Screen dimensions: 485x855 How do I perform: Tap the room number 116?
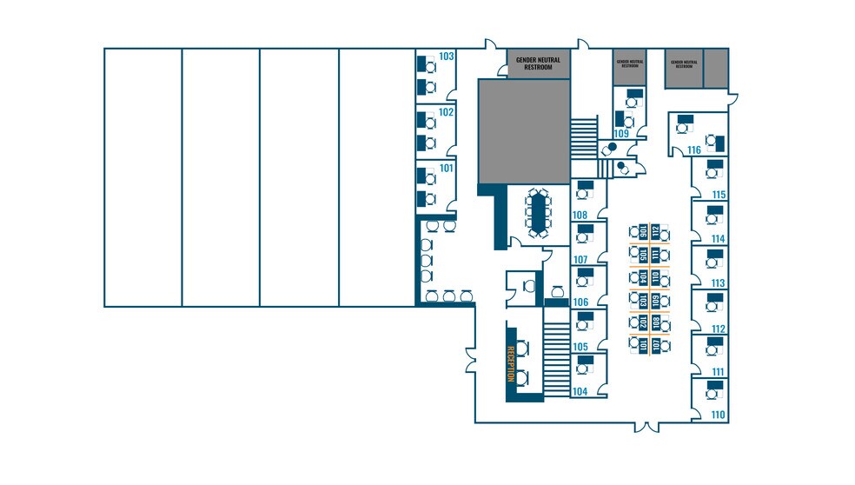pos(694,150)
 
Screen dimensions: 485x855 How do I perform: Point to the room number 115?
pos(718,195)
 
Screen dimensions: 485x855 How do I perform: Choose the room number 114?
pos(718,239)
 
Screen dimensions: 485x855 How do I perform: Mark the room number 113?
pos(718,283)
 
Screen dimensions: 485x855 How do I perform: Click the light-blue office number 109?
pos(621,134)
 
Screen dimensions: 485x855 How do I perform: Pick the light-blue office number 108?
pos(580,215)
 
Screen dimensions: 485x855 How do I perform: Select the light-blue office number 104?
pos(580,392)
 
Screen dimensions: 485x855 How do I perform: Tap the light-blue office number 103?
pos(447,56)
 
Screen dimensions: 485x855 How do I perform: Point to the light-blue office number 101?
pos(447,168)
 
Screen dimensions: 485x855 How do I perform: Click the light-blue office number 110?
pos(718,415)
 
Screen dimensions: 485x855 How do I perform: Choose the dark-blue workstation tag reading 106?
pos(644,232)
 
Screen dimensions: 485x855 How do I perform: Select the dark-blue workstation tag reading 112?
pos(656,232)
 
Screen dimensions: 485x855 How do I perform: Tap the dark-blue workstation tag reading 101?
pos(644,345)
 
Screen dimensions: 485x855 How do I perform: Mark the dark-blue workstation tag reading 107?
pos(656,345)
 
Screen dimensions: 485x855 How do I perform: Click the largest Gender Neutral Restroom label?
pos(539,63)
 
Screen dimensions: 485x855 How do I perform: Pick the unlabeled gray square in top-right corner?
pos(714,69)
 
